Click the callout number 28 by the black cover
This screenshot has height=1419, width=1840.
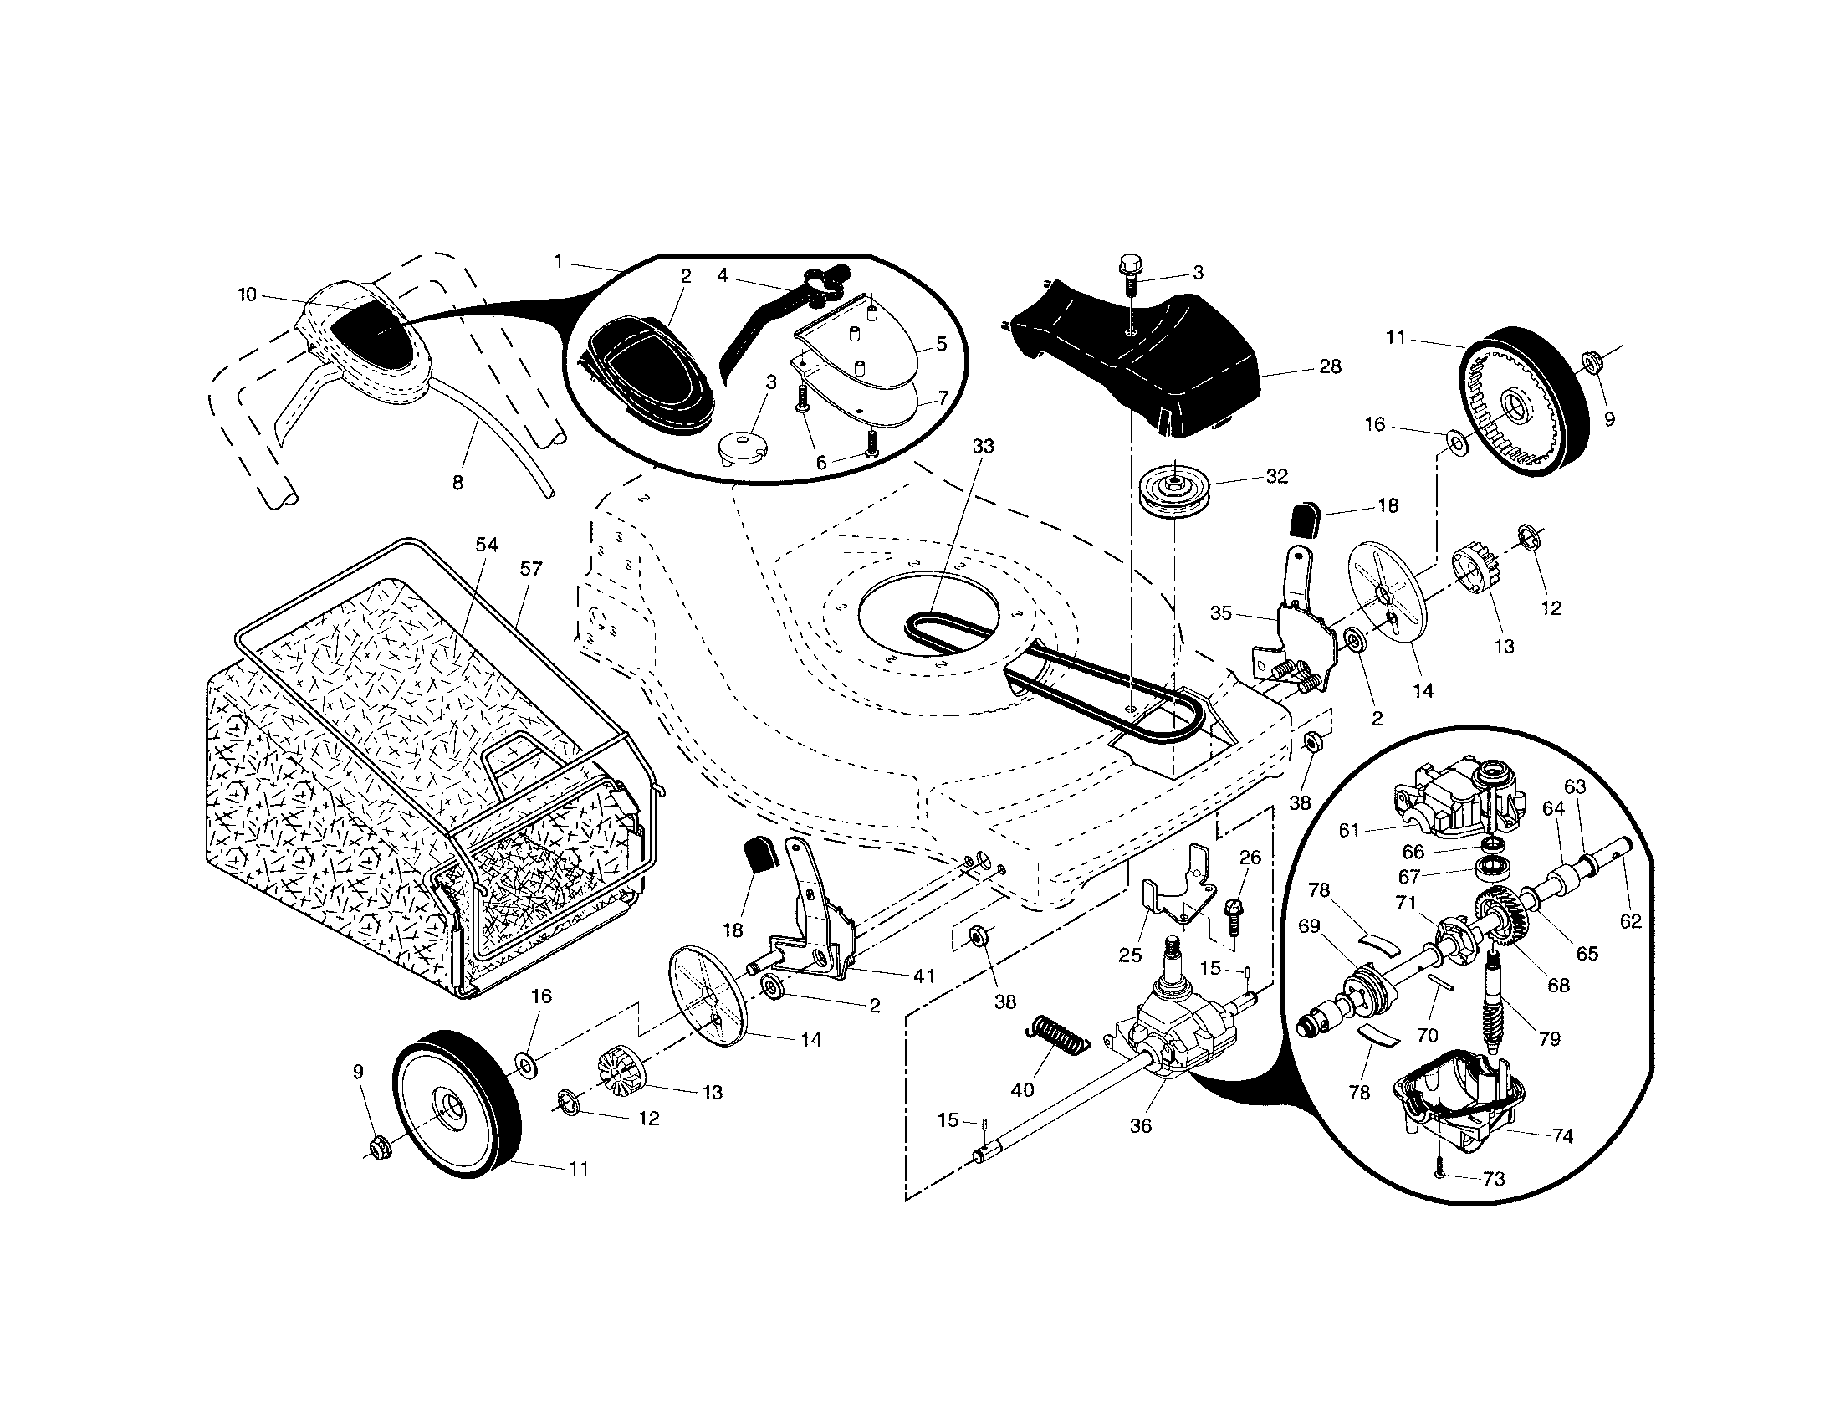tap(1330, 366)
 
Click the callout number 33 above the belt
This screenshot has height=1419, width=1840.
tap(984, 447)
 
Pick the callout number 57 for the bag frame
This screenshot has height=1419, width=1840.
tap(531, 569)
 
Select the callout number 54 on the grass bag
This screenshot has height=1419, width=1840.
tap(487, 546)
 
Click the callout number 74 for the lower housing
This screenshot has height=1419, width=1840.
tap(1562, 1136)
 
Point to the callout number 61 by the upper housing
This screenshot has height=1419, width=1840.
tap(1350, 831)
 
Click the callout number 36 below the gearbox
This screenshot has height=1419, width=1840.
tap(1140, 1126)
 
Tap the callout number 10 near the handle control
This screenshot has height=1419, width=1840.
tap(247, 295)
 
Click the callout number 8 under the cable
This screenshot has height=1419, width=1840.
tap(457, 483)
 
